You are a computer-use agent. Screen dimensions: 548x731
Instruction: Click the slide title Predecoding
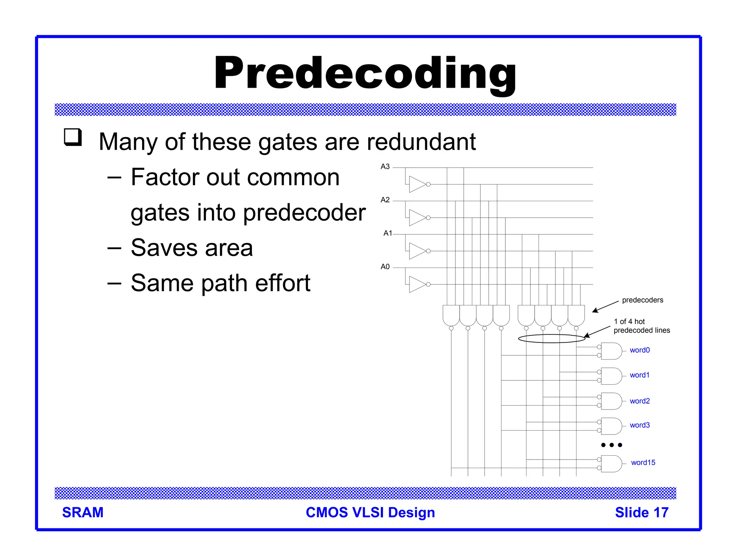click(365, 73)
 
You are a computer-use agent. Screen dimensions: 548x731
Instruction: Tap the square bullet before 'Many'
click(73, 137)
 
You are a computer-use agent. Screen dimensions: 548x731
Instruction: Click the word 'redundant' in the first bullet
click(421, 142)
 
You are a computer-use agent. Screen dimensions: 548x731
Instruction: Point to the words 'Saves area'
click(192, 248)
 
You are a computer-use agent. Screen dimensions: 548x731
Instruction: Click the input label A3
click(385, 167)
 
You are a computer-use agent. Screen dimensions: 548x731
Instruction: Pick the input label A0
click(385, 267)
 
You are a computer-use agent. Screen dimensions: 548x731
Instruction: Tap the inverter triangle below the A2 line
click(417, 218)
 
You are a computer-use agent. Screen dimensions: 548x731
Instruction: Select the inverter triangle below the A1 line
click(417, 251)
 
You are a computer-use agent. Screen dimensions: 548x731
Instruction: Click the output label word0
click(639, 350)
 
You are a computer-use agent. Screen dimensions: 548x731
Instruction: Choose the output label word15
click(643, 463)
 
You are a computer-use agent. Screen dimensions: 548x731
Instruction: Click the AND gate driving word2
click(611, 401)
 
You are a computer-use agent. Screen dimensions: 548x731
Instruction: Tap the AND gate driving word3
click(611, 426)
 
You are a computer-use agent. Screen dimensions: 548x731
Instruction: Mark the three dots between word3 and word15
click(611, 445)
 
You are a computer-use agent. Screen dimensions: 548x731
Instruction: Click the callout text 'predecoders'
click(642, 300)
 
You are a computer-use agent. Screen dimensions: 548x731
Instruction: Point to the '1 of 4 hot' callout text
click(629, 321)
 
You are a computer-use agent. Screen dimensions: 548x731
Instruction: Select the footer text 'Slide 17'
click(641, 513)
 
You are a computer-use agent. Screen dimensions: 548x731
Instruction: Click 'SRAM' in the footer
click(83, 513)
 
